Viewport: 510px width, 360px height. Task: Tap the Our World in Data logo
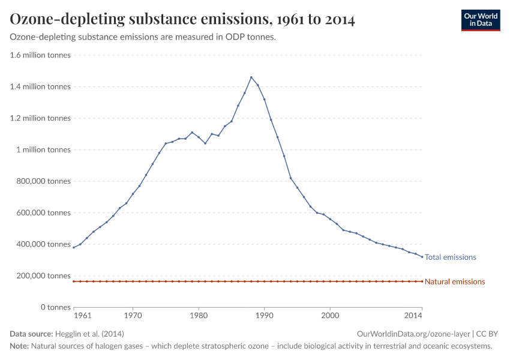pos(480,20)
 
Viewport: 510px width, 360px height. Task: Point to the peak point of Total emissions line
pos(251,77)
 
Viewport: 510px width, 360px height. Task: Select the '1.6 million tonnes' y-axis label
pos(40,55)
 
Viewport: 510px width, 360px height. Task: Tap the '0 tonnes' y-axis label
pos(56,307)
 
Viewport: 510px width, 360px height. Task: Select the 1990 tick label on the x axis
pos(264,315)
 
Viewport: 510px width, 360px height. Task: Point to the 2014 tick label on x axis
pos(413,315)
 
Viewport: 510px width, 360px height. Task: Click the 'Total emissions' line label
pos(450,257)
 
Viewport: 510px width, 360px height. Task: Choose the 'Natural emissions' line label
pos(454,282)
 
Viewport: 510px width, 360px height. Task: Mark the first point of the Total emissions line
pos(74,247)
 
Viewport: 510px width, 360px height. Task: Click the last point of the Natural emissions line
pos(422,281)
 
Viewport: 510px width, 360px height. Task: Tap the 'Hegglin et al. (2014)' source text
pos(89,334)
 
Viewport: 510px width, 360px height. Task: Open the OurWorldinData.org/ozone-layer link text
pos(413,334)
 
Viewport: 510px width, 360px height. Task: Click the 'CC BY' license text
pos(487,334)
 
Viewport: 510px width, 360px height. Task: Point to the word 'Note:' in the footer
pos(19,346)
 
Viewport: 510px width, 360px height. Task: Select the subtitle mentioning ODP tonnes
pos(143,37)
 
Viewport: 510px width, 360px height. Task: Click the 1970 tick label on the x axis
pos(133,315)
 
